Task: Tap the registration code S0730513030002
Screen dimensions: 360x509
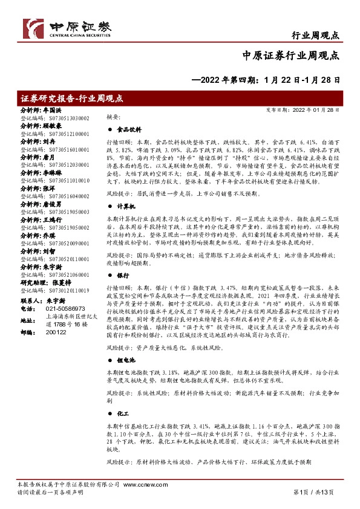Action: [x=63, y=118]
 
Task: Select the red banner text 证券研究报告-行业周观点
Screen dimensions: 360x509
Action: [x=71, y=97]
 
